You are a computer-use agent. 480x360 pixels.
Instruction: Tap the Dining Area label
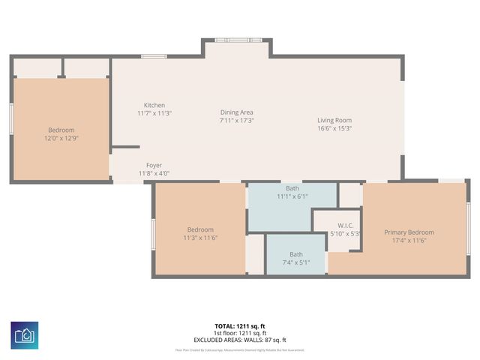(236, 112)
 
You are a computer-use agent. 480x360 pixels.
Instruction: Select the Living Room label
(334, 120)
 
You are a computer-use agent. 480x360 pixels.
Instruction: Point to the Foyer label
(154, 165)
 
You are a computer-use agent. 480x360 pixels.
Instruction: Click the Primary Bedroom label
(409, 232)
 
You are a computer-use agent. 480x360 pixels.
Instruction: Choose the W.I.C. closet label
(345, 226)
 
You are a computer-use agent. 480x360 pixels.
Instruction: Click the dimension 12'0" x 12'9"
(61, 138)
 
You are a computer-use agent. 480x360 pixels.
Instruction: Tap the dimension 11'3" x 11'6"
(200, 238)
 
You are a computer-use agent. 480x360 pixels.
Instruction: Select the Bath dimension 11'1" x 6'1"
(292, 196)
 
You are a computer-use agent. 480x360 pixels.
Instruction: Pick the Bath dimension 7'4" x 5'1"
(295, 262)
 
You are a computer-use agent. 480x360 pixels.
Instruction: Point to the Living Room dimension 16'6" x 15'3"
(334, 128)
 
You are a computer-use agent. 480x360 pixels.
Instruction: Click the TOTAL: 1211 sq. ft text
(240, 326)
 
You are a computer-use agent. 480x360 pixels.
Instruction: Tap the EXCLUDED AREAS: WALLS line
(240, 340)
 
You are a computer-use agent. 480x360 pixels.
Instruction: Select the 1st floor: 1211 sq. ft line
(240, 333)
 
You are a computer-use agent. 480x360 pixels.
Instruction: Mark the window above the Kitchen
(154, 55)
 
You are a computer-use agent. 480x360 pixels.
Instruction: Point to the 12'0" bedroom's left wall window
(11, 118)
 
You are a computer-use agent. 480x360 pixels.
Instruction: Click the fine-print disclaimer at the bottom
(240, 349)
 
